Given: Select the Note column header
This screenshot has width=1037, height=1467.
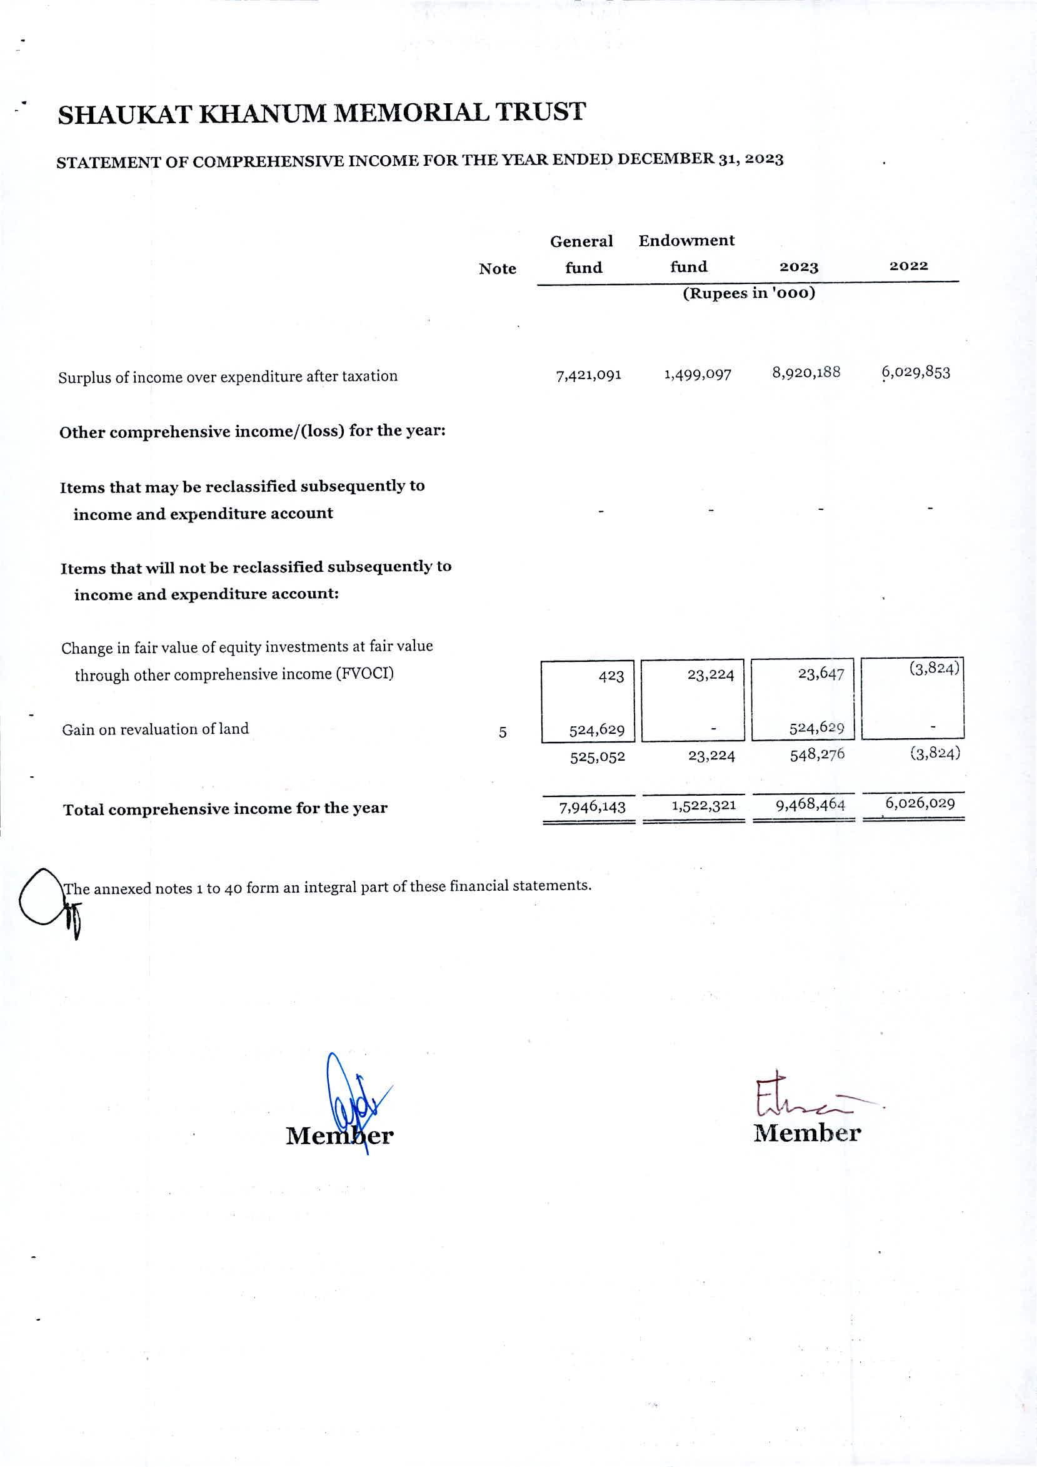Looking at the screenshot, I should click(498, 269).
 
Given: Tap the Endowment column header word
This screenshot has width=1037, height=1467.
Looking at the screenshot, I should click(686, 241).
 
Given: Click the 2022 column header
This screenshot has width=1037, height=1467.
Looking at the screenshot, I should click(908, 266).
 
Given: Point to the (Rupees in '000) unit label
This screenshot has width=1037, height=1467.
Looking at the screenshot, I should click(749, 293).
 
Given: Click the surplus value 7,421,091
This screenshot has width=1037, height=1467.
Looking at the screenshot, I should click(589, 376).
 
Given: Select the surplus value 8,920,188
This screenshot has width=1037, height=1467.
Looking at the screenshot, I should click(806, 372).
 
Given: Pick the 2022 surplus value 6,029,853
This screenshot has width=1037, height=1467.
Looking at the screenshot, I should click(916, 372).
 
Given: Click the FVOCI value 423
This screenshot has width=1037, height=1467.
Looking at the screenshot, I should click(611, 676).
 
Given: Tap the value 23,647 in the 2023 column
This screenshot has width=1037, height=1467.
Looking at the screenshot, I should click(821, 674).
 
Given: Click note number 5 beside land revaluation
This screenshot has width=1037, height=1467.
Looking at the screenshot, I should click(503, 733).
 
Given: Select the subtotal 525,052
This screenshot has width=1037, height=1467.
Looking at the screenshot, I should click(597, 757).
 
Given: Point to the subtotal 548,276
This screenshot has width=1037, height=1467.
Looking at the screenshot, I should click(818, 754).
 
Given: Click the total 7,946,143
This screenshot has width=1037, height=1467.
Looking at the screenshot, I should click(592, 808).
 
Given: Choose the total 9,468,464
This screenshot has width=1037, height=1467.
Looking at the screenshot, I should click(809, 805).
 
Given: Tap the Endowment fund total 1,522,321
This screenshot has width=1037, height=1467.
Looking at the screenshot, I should click(704, 806).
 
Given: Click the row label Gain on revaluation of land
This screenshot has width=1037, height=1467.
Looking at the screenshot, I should click(155, 729).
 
